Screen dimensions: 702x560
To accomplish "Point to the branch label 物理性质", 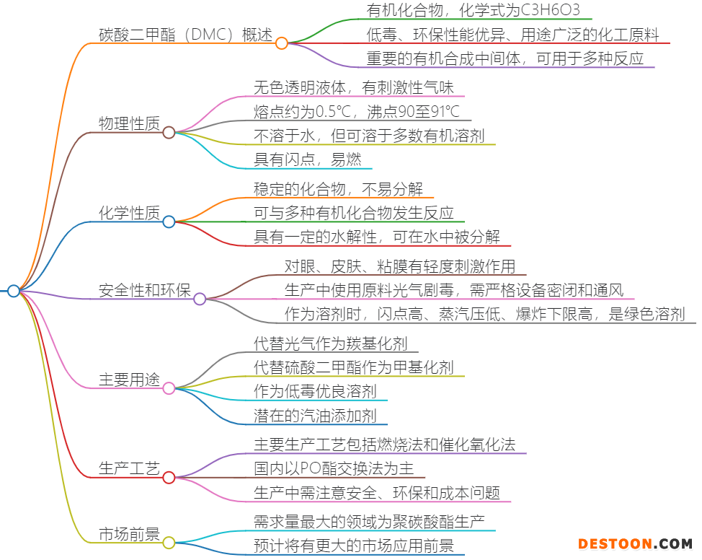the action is click(130, 123).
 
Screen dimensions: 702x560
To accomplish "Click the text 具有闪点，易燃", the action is click(308, 159).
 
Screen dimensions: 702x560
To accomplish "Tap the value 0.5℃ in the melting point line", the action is click(333, 112).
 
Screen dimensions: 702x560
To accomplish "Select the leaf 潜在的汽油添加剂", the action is click(315, 416).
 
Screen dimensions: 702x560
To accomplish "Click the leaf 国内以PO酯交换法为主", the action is click(334, 468).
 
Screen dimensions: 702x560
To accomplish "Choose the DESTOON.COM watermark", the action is click(635, 544).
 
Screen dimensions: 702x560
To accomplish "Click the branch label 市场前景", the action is click(130, 534).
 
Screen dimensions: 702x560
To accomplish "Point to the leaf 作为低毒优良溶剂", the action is click(315, 391).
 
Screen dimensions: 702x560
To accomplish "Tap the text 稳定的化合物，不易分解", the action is click(339, 189).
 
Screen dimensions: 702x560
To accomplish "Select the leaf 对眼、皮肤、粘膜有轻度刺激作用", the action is click(400, 266).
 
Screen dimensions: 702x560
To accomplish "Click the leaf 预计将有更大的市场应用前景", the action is click(354, 546).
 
